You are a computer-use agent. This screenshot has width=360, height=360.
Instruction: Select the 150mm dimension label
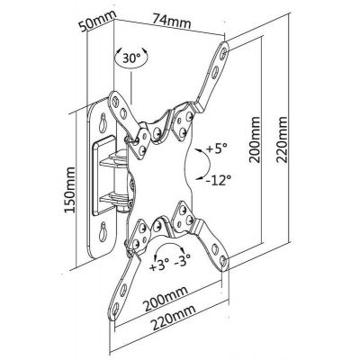[70, 190]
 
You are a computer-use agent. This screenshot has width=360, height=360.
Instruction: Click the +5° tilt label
[217, 148]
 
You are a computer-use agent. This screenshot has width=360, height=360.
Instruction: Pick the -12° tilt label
[218, 180]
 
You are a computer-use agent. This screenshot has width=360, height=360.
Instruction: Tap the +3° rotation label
[159, 265]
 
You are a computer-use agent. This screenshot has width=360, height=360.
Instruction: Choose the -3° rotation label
[183, 261]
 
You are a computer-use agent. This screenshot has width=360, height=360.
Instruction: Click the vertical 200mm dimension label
[255, 139]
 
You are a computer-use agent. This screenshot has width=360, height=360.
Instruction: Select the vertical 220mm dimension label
[282, 139]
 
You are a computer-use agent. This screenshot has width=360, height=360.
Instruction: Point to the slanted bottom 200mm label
[166, 298]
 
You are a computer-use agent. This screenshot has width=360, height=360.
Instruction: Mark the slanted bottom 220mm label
[173, 317]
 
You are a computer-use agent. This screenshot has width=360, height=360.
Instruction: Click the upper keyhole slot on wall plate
[103, 121]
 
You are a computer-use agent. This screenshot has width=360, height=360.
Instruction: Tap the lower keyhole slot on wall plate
[103, 230]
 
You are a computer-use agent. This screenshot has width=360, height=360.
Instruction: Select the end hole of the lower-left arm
[116, 309]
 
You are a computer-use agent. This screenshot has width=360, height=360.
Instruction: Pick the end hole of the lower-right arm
[223, 260]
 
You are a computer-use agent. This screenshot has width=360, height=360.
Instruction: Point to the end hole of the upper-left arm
[115, 102]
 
